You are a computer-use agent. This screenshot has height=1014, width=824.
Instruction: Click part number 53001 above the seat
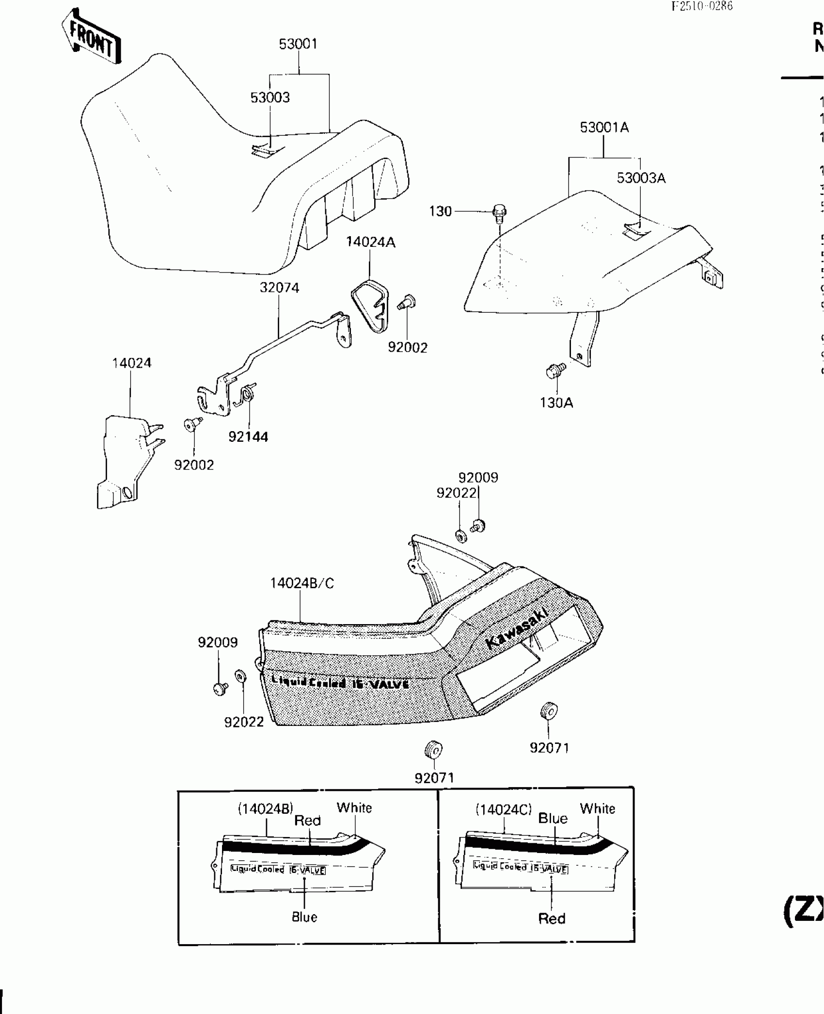pyautogui.click(x=298, y=44)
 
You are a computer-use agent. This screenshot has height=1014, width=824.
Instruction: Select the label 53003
pyautogui.click(x=270, y=97)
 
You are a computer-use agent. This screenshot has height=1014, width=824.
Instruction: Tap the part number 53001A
pyautogui.click(x=604, y=128)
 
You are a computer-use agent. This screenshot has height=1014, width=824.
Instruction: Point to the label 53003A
pyautogui.click(x=641, y=178)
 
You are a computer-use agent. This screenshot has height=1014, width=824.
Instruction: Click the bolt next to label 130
pyautogui.click(x=499, y=213)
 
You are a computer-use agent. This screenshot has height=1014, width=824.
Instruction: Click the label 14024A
pyautogui.click(x=370, y=242)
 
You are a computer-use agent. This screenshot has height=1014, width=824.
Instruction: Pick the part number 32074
pyautogui.click(x=279, y=288)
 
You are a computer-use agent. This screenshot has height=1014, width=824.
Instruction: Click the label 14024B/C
pyautogui.click(x=302, y=583)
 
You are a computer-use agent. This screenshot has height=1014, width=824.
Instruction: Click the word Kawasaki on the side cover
pyautogui.click(x=517, y=628)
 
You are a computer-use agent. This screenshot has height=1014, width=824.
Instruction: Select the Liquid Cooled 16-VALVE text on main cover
pyautogui.click(x=340, y=682)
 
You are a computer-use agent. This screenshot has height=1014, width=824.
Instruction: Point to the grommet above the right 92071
pyautogui.click(x=548, y=711)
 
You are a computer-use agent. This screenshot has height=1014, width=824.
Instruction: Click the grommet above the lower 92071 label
pyautogui.click(x=433, y=750)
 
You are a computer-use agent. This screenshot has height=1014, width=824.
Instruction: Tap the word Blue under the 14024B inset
pyautogui.click(x=304, y=917)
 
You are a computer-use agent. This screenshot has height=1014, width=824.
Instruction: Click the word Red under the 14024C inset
pyautogui.click(x=552, y=918)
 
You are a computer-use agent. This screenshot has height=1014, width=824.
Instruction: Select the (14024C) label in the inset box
pyautogui.click(x=503, y=809)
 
